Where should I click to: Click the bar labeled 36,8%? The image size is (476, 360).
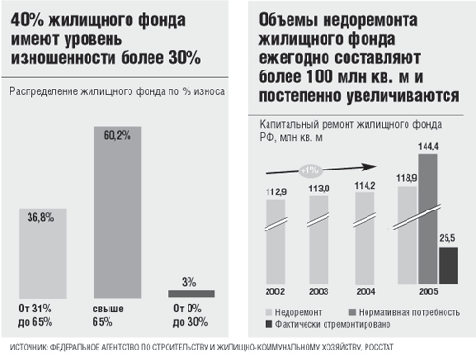[42, 252]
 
